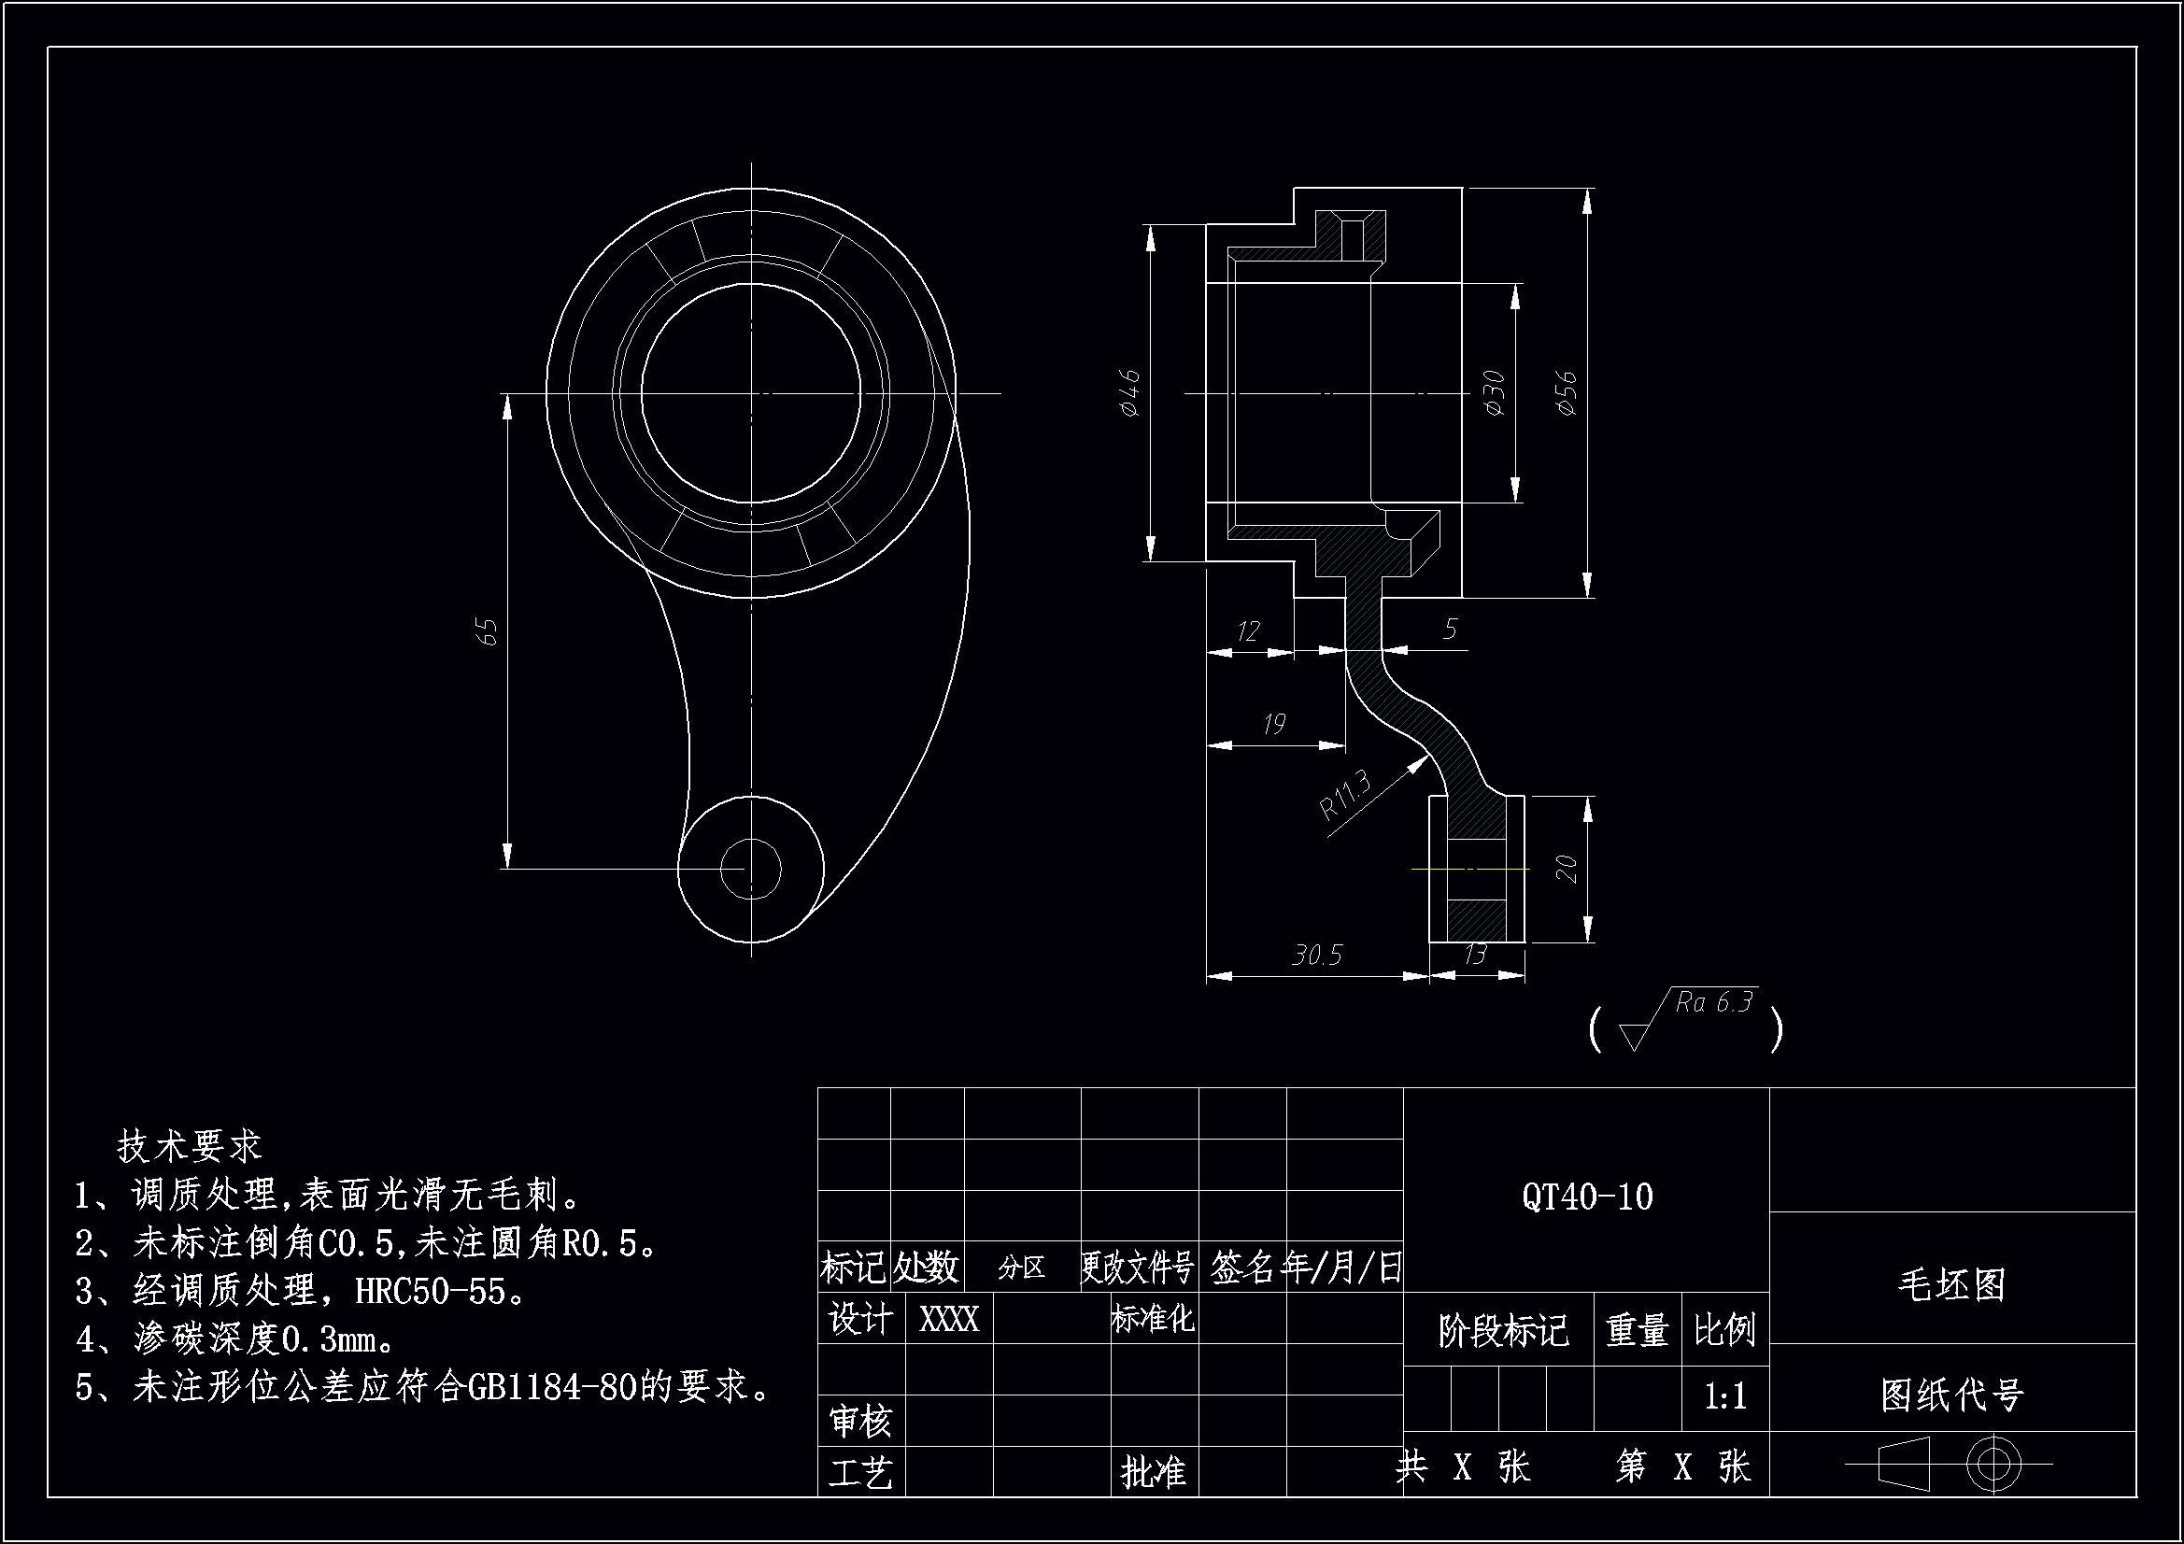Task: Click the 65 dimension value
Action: pos(487,631)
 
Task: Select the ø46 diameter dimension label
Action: pos(1129,393)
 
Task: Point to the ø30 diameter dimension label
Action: pos(1495,393)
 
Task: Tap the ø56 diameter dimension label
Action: pos(1567,393)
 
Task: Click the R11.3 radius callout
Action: pos(1345,795)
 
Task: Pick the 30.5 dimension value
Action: pos(1316,956)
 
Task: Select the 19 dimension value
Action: pos(1273,725)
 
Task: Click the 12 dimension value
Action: pos(1248,630)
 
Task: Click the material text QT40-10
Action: pos(1587,1197)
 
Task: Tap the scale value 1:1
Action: pos(1724,1396)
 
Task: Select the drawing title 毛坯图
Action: pos(1951,1285)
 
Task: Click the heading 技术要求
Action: pos(189,1146)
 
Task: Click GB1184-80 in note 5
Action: pos(552,1388)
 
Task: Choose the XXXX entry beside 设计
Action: pos(948,1320)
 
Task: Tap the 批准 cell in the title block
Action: pos(1153,1473)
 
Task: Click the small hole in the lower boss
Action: pos(750,869)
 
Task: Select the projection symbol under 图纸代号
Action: pos(1950,1464)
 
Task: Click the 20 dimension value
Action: pos(1566,869)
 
